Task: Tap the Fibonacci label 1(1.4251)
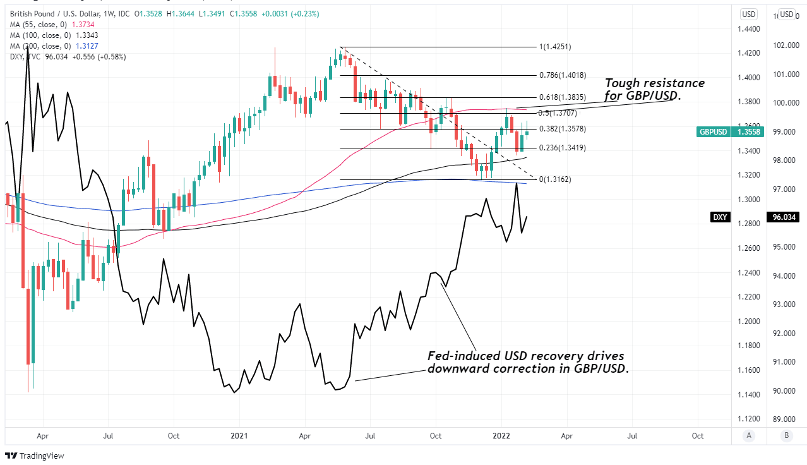[x=555, y=47]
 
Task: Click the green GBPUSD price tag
[x=731, y=132]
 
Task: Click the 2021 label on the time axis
[x=239, y=435]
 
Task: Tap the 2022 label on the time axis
[x=501, y=435]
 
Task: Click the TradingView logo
[x=35, y=456]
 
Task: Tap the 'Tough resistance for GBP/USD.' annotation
[x=654, y=89]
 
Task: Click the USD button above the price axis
[x=749, y=15]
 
